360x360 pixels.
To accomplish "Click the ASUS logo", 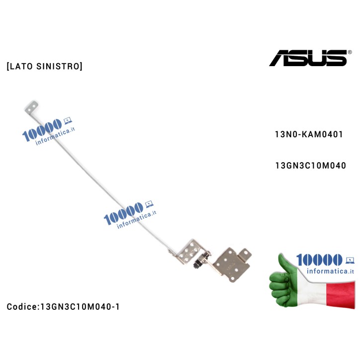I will tap(308, 58).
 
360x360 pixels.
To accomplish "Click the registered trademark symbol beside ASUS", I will tap(350, 52).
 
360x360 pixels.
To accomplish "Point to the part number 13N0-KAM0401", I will tap(308, 135).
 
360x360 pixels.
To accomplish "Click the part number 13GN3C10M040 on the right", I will tap(310, 166).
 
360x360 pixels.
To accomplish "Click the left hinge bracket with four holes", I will tap(187, 249).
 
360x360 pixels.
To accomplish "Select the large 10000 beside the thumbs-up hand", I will tap(319, 260).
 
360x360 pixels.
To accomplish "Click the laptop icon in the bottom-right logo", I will tap(350, 259).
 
